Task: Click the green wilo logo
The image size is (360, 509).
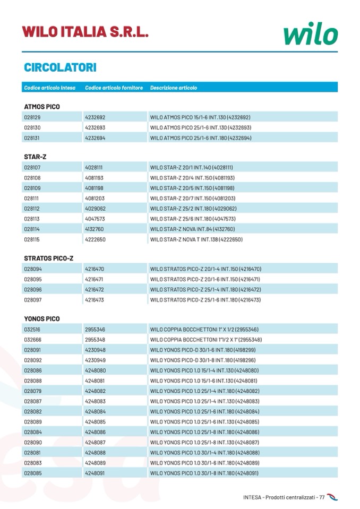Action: point(311,33)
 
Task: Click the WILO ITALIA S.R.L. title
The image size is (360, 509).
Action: point(85,31)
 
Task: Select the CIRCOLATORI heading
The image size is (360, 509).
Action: point(60,68)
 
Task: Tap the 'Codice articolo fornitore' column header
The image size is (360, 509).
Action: point(114,88)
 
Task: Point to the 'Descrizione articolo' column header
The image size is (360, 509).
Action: point(173,88)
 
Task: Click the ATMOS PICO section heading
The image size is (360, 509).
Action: point(42,107)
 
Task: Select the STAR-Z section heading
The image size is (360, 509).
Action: point(36,157)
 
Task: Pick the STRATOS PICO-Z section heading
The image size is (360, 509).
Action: point(49,258)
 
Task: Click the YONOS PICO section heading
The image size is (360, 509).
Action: point(42,319)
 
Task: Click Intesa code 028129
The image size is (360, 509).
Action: point(32,117)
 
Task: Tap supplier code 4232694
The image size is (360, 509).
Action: point(95,137)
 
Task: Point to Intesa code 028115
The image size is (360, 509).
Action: point(32,239)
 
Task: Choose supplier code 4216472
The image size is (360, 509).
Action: point(95,289)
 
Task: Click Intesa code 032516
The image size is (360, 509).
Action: point(32,330)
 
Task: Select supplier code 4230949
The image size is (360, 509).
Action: point(95,360)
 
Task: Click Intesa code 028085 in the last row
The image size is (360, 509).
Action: point(32,472)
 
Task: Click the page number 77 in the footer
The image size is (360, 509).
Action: point(321,497)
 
